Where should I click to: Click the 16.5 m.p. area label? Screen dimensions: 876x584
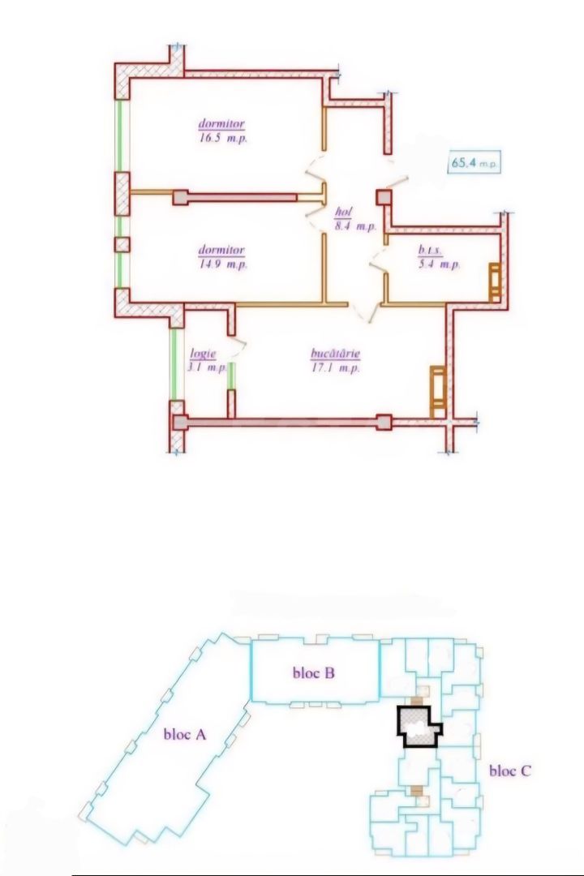click(222, 139)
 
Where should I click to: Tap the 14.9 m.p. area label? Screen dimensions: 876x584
click(222, 264)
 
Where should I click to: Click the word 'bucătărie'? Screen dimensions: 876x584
click(335, 354)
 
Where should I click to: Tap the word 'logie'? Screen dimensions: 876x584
click(201, 354)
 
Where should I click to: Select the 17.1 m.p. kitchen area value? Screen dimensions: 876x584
click(335, 368)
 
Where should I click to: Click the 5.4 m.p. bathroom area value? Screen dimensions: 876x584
click(439, 265)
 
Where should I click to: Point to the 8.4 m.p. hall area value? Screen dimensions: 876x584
click(355, 227)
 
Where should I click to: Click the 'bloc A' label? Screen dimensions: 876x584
click(186, 735)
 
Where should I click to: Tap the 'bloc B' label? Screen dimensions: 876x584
click(313, 672)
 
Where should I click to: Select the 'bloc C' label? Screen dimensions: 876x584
click(510, 771)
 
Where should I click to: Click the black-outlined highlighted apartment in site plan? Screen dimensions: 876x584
click(417, 727)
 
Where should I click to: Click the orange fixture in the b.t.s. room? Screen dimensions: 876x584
click(494, 281)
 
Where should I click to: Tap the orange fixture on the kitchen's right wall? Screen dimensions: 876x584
click(437, 389)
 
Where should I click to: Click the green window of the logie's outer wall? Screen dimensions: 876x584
click(173, 365)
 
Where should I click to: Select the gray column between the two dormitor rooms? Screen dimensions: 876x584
click(181, 197)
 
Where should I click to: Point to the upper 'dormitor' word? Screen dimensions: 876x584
click(222, 125)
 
